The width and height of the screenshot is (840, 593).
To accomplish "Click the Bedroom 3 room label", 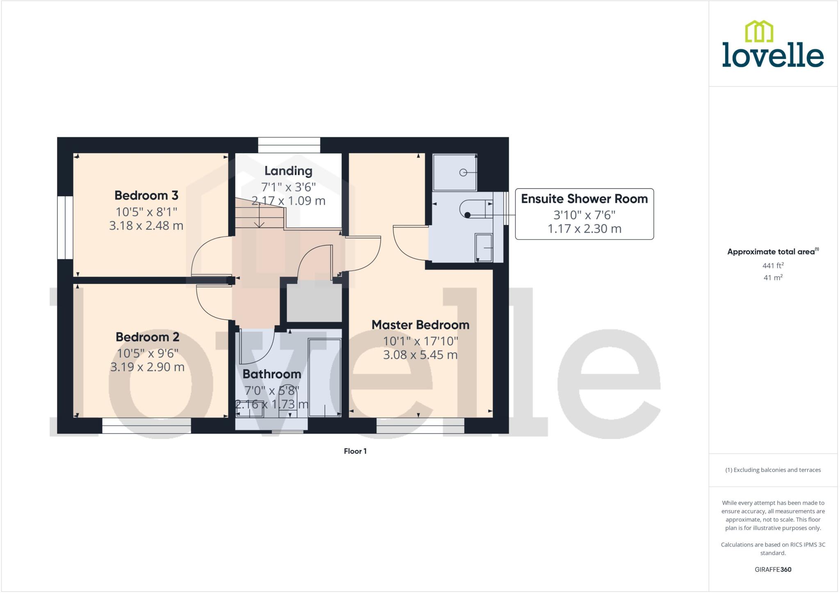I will (x=146, y=195).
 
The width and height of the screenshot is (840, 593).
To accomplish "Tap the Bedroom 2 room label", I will (x=148, y=337).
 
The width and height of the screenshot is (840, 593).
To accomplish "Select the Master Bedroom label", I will (x=420, y=325).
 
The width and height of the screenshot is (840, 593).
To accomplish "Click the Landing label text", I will (x=288, y=171).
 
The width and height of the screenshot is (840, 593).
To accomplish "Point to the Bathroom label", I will (x=272, y=374).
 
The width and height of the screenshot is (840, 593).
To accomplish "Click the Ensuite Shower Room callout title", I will (x=584, y=199).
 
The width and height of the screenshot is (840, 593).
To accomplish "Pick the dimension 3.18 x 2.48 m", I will (x=146, y=225).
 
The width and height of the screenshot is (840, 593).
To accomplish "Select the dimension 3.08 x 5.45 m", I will (x=420, y=354).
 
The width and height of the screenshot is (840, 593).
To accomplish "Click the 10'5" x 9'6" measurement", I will (x=148, y=353).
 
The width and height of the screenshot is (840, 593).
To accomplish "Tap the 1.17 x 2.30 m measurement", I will (x=584, y=229).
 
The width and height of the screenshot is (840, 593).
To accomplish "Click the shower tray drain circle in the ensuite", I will (x=463, y=173).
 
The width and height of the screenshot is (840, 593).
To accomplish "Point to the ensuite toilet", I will (x=476, y=209).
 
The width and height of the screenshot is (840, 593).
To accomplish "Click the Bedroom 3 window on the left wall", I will (x=65, y=227).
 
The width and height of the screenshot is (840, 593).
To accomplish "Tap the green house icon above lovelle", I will (x=759, y=32).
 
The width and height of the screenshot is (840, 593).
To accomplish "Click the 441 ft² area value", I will (x=773, y=266).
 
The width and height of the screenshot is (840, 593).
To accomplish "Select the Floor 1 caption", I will (x=355, y=451).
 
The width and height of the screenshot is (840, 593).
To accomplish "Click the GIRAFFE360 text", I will (x=773, y=569).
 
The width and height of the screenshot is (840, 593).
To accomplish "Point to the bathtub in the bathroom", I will (x=324, y=377).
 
